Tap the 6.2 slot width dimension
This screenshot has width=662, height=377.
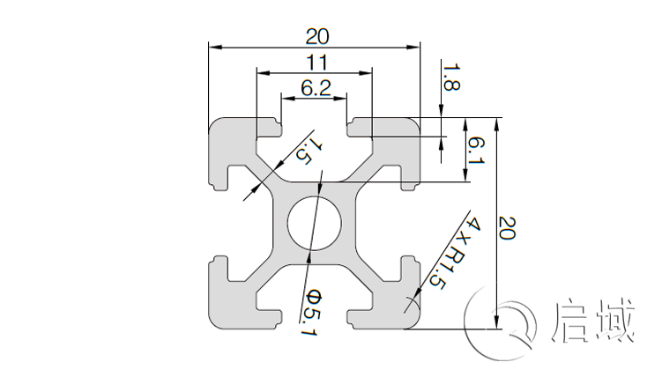[315, 87]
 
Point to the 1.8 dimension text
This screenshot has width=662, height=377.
[450, 78]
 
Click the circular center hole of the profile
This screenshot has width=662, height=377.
[314, 222]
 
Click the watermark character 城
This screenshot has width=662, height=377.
[614, 321]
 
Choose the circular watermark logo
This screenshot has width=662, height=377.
[505, 321]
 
